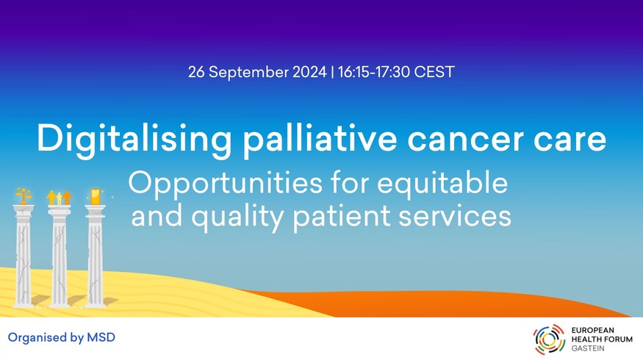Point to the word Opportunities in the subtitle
pos(226,184)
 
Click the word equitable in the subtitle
pos(442,183)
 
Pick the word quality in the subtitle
pos(238,217)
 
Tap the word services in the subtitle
pos(455,216)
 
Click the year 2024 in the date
pos(309,72)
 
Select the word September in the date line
pos(248,73)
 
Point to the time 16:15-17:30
pos(374,72)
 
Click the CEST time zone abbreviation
pos(434,72)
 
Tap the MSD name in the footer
pos(101,337)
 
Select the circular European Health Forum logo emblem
pos(549,339)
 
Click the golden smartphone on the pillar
pos(95,196)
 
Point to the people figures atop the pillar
pos(55,198)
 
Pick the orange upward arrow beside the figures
pos(68,197)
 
